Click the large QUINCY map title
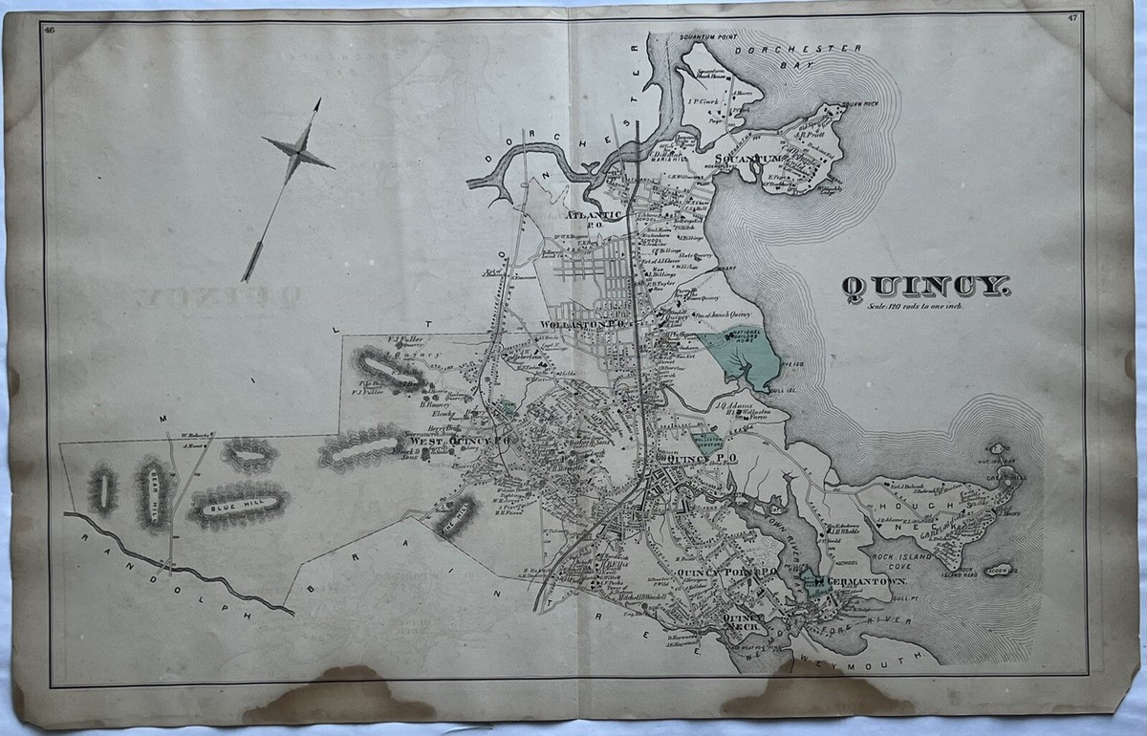tap(923, 286)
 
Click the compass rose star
tap(297, 150)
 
